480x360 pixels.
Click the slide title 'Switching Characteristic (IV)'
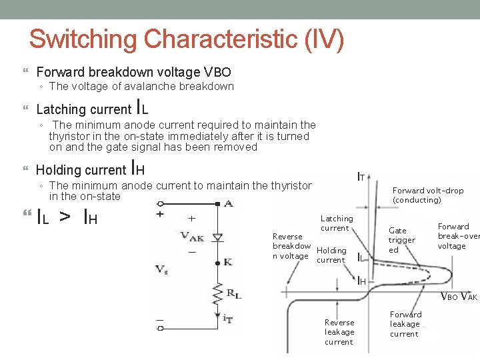[x=187, y=39]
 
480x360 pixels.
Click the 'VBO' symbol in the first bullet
[x=217, y=72]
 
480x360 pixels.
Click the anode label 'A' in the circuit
[x=229, y=203]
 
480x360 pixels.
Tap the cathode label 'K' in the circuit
[x=227, y=262]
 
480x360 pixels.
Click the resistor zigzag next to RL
[x=215, y=291]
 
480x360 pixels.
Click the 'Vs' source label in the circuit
[x=161, y=269]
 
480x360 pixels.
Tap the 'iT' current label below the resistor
[x=227, y=319]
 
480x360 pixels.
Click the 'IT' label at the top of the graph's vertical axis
[x=360, y=177]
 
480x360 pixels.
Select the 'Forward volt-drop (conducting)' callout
[x=427, y=195]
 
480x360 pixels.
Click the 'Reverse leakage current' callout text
[x=339, y=332]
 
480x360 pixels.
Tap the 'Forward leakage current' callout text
[x=405, y=324]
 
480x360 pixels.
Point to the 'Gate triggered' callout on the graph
[x=401, y=240]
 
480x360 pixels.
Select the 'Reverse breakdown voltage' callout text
[x=291, y=246]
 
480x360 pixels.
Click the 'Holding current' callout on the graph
[x=331, y=255]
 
